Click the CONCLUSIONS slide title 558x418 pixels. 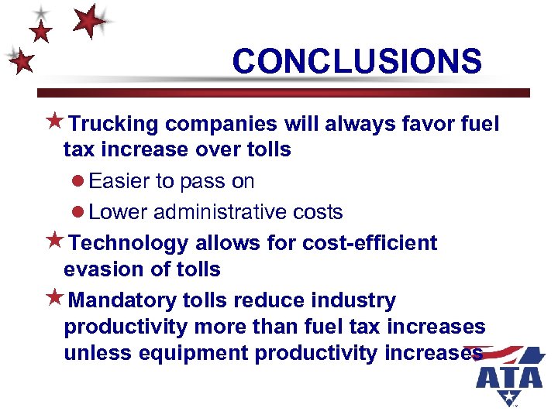[356, 61]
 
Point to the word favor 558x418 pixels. [438, 124]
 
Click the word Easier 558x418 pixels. [119, 181]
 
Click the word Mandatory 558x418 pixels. [133, 300]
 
